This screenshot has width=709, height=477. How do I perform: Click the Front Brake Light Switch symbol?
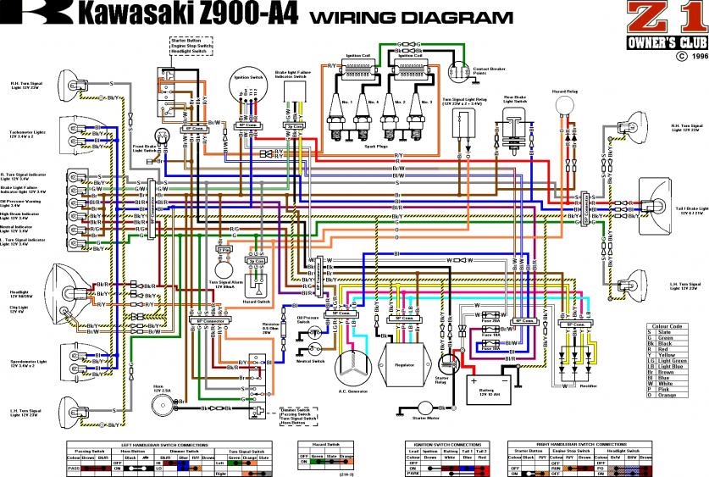point(161,136)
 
